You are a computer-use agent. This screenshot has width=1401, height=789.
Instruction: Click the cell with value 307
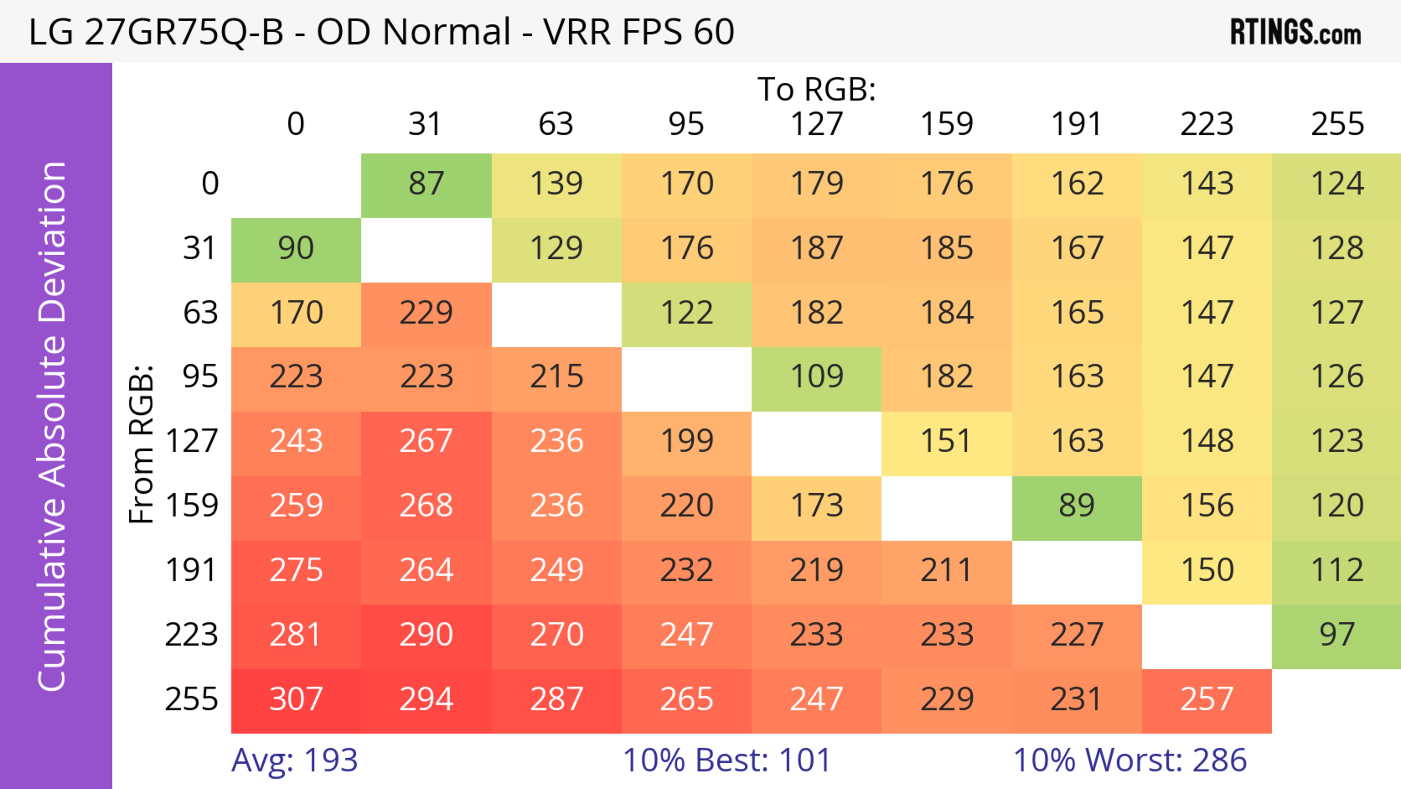point(296,700)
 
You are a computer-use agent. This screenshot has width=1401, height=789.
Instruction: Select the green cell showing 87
point(427,184)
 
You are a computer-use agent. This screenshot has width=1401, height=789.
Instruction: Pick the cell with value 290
point(427,635)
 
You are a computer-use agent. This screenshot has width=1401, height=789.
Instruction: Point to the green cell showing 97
point(1337,635)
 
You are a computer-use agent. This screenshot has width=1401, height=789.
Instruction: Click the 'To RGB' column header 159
point(946,125)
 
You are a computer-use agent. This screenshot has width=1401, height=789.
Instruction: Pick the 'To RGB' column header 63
point(556,125)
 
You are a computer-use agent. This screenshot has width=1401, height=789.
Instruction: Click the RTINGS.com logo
point(1296,32)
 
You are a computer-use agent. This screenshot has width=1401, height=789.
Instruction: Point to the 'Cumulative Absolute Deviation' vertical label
point(53,426)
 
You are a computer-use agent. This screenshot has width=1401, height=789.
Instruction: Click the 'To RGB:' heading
point(817,90)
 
